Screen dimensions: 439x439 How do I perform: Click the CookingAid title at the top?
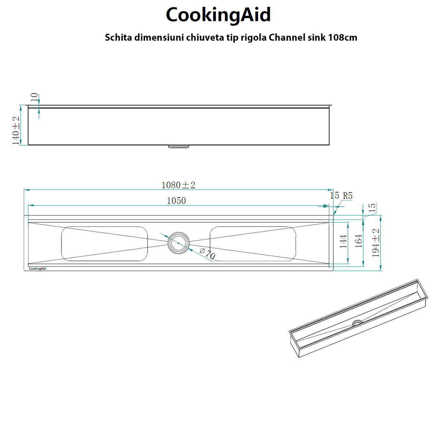tap(218, 15)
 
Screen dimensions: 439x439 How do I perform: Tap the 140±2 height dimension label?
tap(16, 131)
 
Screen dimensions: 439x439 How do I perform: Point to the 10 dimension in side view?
tap(34, 97)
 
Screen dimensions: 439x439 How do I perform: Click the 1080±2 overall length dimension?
tap(179, 185)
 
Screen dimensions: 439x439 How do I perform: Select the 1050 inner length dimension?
tap(176, 201)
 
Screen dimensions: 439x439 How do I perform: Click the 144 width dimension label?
tap(343, 242)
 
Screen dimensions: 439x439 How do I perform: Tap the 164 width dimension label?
tap(359, 241)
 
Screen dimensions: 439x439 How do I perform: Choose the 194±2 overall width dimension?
tap(376, 243)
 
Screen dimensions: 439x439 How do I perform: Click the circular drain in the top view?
tap(179, 243)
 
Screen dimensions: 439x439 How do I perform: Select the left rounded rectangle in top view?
tap(104, 244)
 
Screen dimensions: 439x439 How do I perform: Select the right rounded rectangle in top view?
tap(253, 244)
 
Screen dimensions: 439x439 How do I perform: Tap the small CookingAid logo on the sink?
tap(37, 269)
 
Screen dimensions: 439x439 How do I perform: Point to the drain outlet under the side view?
tap(179, 147)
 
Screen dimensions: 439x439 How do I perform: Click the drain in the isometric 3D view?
tap(357, 323)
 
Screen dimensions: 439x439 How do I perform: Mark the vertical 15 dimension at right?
tap(372, 208)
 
